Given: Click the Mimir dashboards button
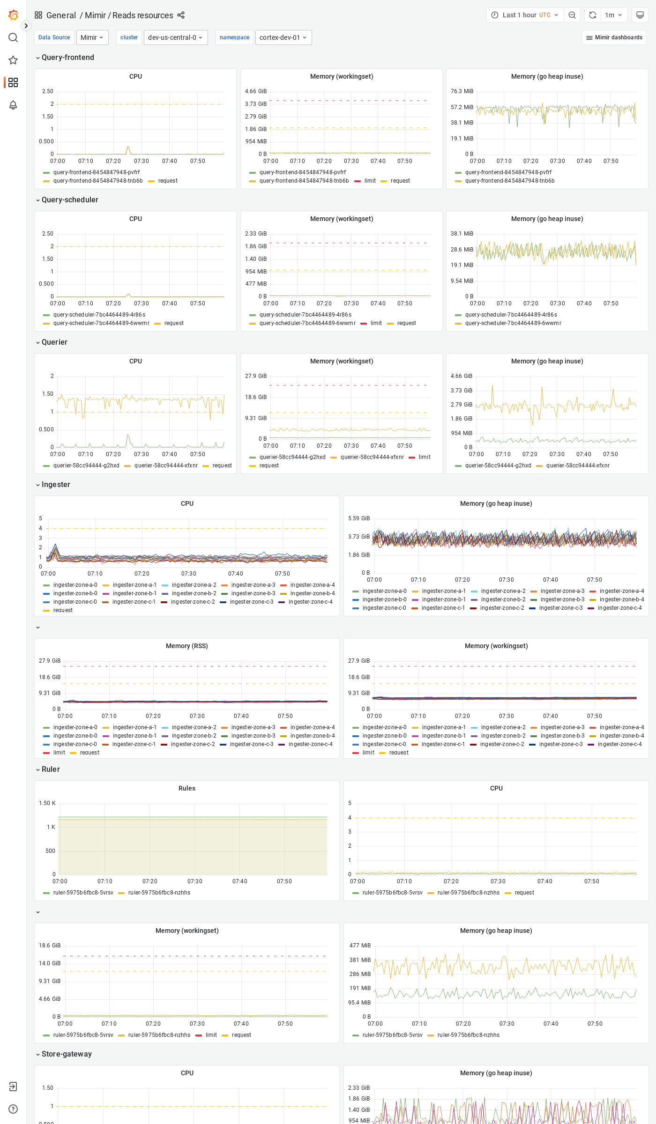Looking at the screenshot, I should point(614,37).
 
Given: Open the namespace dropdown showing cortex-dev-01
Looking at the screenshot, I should point(283,37).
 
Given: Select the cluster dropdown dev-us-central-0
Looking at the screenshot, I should point(175,37).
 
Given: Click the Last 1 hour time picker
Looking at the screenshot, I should point(525,15).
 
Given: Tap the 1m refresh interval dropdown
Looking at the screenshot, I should point(613,15).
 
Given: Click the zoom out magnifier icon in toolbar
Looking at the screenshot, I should point(572,15).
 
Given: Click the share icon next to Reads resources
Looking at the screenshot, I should point(181,15).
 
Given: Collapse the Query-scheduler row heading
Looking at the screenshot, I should point(69,200).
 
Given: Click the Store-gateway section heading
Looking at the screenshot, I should point(67,1054).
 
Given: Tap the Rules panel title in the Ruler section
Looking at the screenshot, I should point(186,788).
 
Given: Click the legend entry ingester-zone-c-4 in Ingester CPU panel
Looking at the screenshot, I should point(310,602).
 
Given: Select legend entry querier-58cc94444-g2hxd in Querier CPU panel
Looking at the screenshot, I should point(86,466).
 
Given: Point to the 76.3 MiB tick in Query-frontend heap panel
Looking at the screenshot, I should point(462,91).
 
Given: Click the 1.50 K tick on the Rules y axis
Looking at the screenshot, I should point(47,803).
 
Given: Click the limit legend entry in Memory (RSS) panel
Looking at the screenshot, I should point(59,753).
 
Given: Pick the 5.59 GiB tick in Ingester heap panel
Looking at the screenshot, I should point(358,518).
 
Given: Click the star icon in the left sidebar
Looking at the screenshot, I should point(13,60).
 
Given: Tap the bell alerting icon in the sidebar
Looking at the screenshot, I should point(13,105).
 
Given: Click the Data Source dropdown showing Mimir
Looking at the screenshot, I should point(92,37).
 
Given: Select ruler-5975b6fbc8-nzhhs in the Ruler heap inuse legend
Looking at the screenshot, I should point(468,1035).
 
